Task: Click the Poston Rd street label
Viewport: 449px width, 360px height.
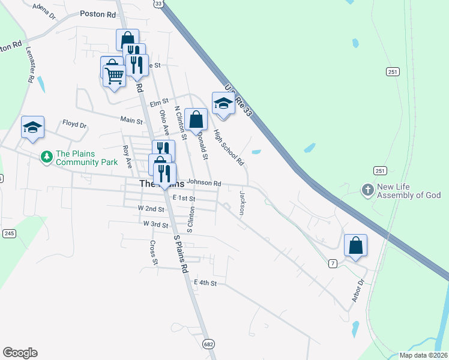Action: (x=98, y=13)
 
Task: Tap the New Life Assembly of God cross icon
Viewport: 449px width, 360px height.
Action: (x=367, y=190)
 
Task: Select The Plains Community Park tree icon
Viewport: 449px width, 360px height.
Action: (x=46, y=157)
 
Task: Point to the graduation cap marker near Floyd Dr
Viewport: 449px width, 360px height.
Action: (x=33, y=127)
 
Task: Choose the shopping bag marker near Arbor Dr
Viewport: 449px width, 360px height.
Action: (x=355, y=245)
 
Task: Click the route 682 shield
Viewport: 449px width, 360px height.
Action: (x=208, y=343)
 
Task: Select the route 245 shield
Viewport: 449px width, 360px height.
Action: (x=9, y=233)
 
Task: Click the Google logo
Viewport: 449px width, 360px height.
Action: (x=20, y=353)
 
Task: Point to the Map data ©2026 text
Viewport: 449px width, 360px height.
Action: (x=423, y=355)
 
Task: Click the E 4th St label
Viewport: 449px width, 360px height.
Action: (x=205, y=282)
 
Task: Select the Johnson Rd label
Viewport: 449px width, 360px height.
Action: (x=204, y=183)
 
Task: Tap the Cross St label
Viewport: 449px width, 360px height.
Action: (x=154, y=253)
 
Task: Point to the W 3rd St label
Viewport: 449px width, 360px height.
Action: (x=155, y=223)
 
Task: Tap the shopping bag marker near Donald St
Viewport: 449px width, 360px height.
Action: (x=196, y=119)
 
